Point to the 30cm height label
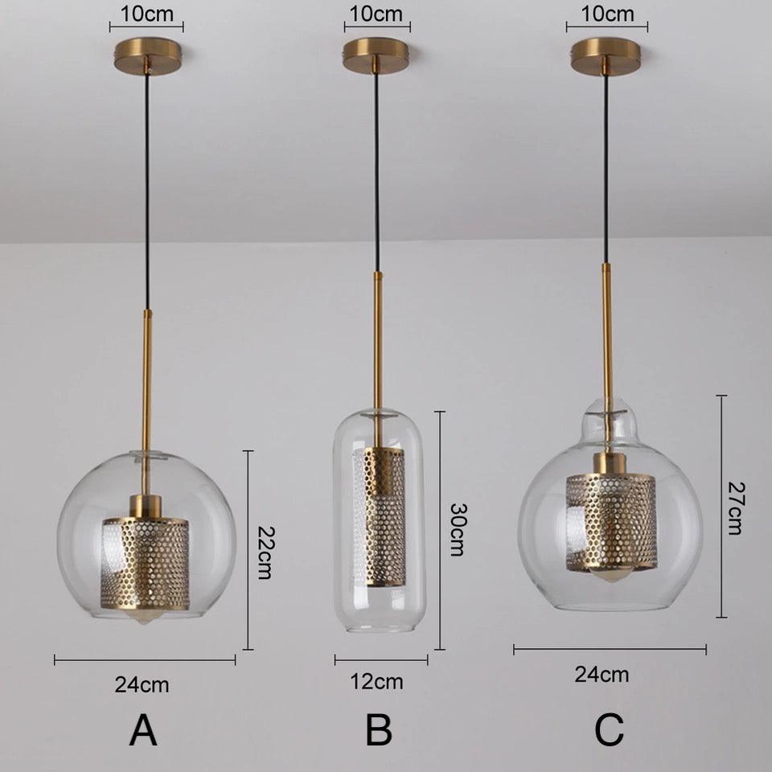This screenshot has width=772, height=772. coord(458,529)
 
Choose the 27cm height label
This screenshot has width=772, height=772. coord(737,508)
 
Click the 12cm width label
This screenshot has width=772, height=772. coord(376,682)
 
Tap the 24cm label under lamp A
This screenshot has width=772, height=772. coord(142,684)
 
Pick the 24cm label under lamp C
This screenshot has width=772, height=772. coord(602,675)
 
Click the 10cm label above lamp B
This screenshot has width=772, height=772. coord(376,14)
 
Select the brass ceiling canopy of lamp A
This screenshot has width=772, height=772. coord(146,56)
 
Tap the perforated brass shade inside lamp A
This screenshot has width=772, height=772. coord(146,564)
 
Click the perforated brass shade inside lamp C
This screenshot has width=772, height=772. coord(610,521)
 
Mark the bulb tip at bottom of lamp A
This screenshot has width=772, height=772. coord(143,618)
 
